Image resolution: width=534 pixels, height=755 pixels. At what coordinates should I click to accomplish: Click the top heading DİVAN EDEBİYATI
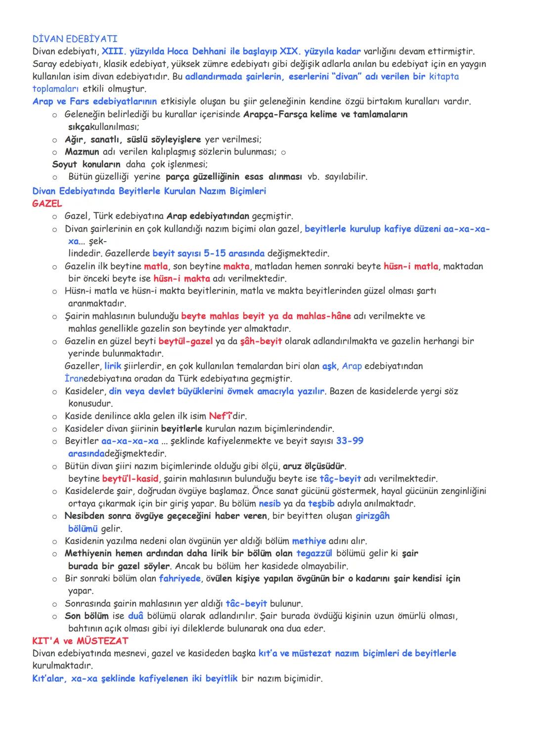tap(75, 39)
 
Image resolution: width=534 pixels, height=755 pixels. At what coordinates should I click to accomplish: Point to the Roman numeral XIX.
tap(289, 51)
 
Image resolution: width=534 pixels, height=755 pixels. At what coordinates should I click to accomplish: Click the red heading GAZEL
tap(47, 203)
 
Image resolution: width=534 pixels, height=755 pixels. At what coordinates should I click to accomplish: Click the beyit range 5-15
tap(215, 253)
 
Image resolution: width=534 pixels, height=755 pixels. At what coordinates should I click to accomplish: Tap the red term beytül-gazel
tap(185, 341)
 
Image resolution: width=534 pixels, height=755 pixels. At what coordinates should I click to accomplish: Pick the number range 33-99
tap(350, 441)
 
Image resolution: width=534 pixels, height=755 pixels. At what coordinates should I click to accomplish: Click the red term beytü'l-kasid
tap(130, 478)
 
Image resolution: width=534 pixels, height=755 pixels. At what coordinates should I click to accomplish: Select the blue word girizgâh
tap(372, 516)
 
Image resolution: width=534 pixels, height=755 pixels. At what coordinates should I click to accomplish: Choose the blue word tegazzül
tap(314, 553)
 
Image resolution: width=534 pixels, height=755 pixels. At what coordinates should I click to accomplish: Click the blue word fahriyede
tap(179, 578)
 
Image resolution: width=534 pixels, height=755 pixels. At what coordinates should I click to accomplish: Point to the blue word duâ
tap(135, 616)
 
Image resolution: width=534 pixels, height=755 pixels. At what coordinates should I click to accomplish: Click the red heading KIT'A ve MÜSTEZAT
tap(80, 641)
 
